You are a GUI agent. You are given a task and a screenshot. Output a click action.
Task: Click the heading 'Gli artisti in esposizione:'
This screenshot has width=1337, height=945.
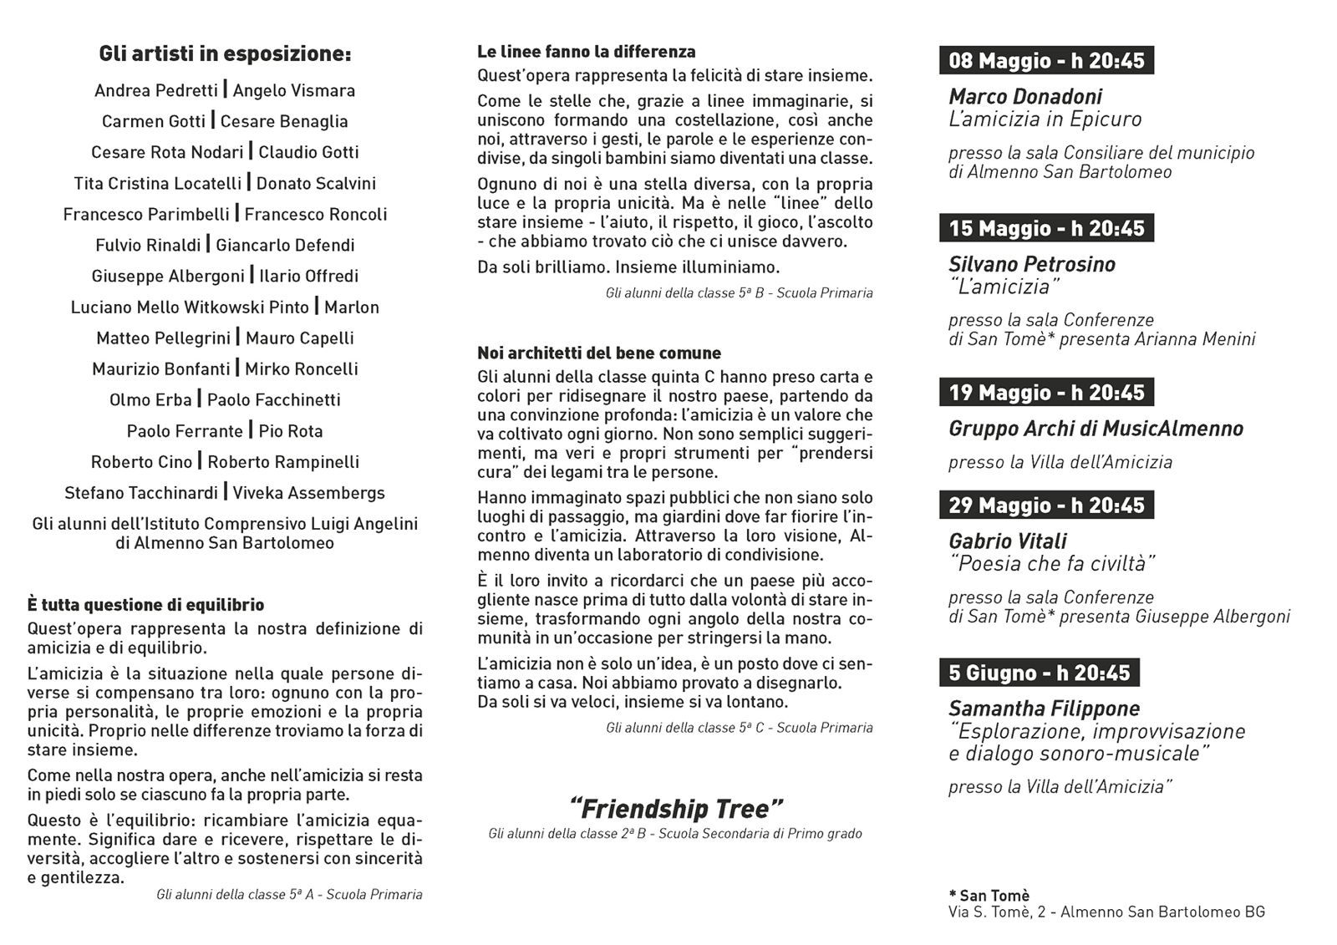225,54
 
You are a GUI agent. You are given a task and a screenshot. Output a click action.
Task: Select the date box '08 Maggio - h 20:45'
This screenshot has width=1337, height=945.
1046,60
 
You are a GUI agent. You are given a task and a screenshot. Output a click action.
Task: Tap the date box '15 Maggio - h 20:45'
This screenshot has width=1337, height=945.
1046,228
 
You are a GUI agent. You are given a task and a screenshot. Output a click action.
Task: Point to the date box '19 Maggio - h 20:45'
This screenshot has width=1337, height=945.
1046,393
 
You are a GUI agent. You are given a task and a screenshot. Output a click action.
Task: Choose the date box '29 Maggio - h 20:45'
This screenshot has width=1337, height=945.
1046,506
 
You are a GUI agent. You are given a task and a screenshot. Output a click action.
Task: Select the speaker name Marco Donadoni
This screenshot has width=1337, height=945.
1025,97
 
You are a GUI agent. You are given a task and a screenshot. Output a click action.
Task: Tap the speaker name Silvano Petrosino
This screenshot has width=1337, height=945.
1032,265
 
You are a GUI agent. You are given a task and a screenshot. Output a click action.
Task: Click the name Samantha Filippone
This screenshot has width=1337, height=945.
1044,709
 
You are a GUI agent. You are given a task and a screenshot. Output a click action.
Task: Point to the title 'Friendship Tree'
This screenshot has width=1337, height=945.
675,809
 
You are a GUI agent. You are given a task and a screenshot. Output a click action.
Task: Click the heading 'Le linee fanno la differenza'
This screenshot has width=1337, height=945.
587,52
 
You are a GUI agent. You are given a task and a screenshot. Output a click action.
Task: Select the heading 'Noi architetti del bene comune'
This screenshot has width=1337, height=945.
599,353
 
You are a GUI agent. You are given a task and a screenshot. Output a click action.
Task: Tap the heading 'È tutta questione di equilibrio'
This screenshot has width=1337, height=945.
145,605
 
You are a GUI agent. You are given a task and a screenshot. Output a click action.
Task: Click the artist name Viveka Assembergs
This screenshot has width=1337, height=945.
308,493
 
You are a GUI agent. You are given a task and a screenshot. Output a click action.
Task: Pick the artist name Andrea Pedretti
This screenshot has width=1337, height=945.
156,90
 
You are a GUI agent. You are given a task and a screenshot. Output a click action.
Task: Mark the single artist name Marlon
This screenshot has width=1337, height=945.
352,307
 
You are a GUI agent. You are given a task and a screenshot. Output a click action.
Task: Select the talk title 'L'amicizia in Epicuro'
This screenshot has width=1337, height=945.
1045,119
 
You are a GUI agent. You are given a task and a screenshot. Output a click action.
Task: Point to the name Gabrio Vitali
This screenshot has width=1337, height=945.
1007,541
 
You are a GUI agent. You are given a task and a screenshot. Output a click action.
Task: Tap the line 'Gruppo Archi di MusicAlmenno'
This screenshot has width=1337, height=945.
1096,429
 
